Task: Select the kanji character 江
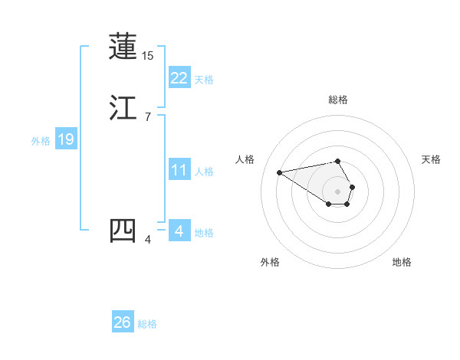[123, 108]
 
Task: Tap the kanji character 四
[123, 231]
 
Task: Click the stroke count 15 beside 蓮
[148, 56]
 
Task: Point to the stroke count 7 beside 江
[148, 117]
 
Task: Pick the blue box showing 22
[179, 77]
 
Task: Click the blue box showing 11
[179, 170]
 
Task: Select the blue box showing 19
[66, 139]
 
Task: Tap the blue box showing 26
[123, 322]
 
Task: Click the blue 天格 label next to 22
[204, 80]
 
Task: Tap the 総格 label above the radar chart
[338, 100]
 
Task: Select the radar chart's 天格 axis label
[431, 159]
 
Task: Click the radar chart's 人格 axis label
[245, 159]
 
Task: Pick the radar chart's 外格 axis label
[269, 263]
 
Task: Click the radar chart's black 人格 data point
[280, 172]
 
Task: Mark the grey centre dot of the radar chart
[338, 191]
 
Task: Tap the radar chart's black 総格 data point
[338, 161]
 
